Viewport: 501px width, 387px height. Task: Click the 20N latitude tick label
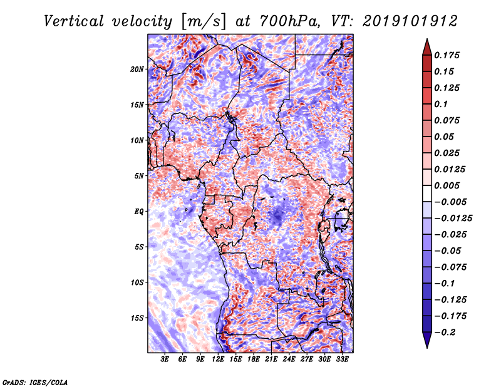[x=137, y=69]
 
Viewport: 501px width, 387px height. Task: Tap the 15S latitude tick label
[x=137, y=318]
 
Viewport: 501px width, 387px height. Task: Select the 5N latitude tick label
[x=139, y=176]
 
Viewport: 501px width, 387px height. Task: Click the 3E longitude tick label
[x=165, y=360]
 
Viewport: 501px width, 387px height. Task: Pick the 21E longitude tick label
[x=272, y=360]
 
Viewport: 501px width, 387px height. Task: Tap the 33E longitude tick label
[x=343, y=360]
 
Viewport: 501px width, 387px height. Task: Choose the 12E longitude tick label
[x=219, y=360]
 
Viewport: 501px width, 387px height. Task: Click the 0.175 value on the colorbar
[x=448, y=55]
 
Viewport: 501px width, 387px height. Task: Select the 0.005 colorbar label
[x=448, y=185]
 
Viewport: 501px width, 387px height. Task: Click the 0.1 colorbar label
[x=442, y=104]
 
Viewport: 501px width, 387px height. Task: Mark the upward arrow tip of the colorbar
[x=426, y=41]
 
